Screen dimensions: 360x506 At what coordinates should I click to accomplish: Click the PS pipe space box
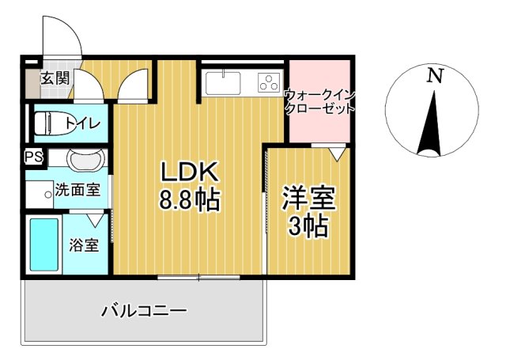(33, 157)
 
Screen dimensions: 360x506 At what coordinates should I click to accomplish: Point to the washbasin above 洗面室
(85, 161)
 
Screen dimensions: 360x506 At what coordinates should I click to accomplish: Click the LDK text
(189, 172)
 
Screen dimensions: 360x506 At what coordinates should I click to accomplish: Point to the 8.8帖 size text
(189, 201)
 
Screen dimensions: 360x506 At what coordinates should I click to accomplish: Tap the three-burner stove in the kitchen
(269, 81)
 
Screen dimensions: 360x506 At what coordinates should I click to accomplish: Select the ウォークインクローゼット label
(319, 101)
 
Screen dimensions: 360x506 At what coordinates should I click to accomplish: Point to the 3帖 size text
(308, 227)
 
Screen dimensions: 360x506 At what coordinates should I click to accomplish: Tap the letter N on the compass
(433, 76)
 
